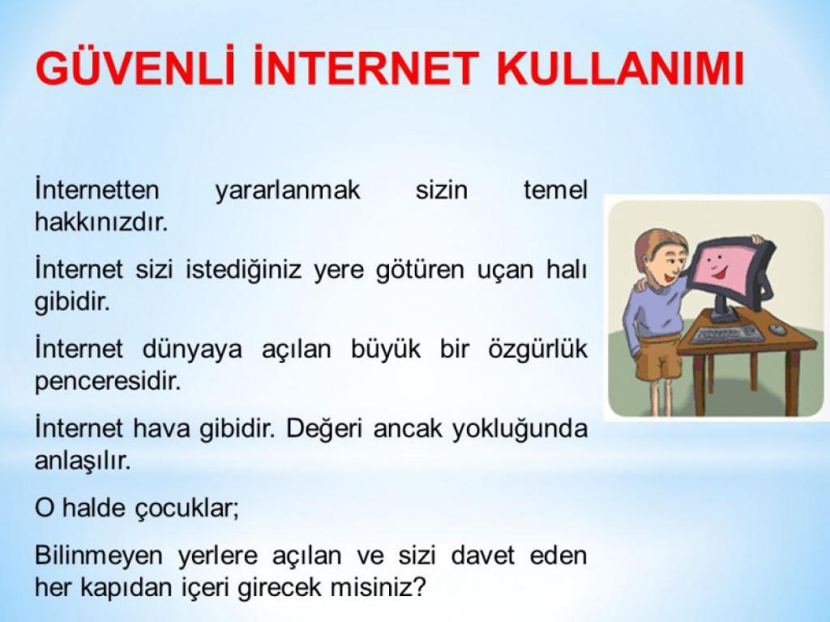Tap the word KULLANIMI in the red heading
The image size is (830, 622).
coord(621,68)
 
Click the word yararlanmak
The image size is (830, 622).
coord(288,190)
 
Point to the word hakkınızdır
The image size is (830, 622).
coord(101,222)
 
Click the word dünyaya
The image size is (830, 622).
coord(192,350)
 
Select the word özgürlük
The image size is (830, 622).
coord(538,350)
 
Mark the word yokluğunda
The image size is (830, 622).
coord(520,429)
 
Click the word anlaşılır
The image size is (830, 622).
coord(83,460)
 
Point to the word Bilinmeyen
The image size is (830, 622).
coord(97,556)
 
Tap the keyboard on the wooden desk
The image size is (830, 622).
coord(727,334)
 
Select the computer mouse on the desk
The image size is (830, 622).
coord(777,329)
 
